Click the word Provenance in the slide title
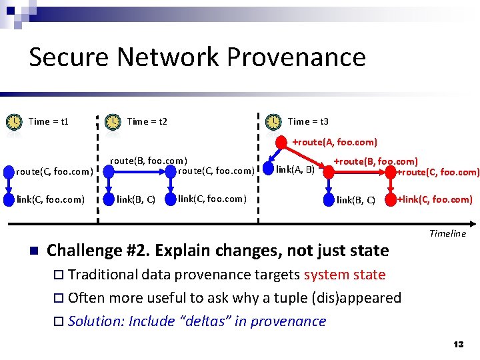296,57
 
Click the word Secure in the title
69,57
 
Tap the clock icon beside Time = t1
14,122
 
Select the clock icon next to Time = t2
113,122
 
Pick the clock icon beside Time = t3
273,122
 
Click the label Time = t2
147,121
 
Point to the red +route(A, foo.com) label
335,142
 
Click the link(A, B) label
295,169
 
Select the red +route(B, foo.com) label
375,161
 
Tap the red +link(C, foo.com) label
435,199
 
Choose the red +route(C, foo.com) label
437,172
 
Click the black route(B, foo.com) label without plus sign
148,161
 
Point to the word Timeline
447,233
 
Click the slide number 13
458,345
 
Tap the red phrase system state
345,275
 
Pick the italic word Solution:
96,321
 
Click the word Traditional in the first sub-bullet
106,275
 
